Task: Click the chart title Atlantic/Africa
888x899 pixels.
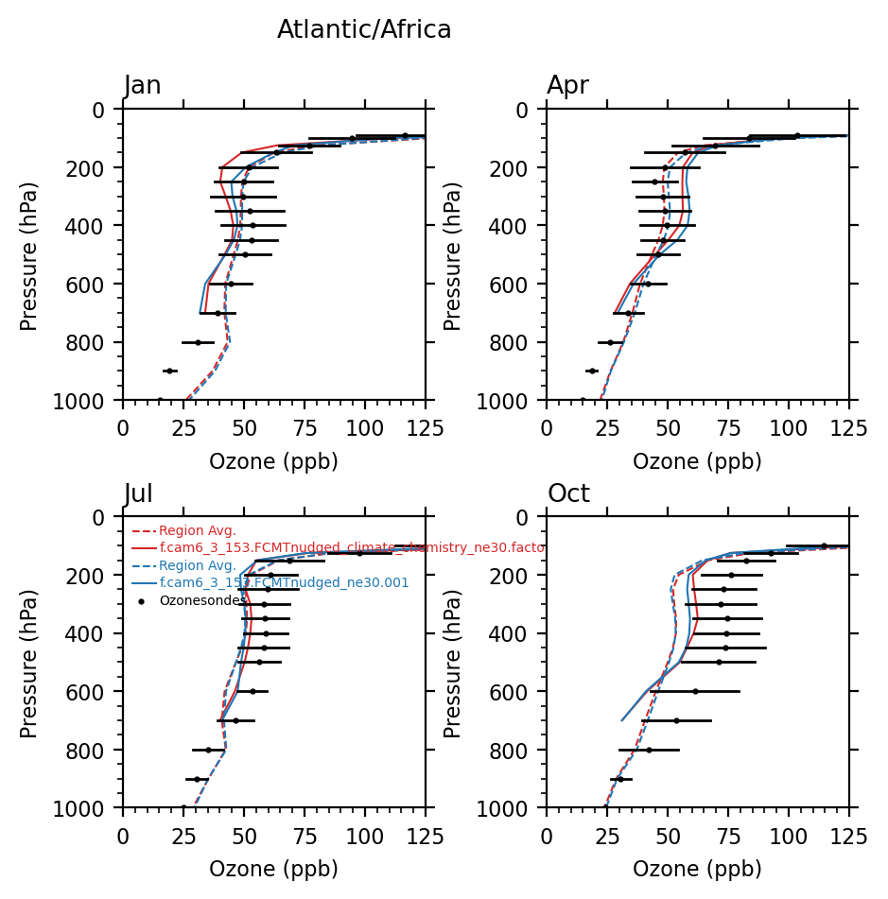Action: [x=364, y=30]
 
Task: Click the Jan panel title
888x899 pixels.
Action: [x=143, y=86]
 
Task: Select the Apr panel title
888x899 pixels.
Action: [x=567, y=86]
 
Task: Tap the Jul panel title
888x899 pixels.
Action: [x=139, y=494]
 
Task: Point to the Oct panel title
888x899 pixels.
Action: [x=568, y=494]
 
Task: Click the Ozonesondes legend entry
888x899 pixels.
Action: [x=202, y=600]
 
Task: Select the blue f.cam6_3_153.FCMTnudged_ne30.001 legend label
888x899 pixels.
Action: [x=284, y=583]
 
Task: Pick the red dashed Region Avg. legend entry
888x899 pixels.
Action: [x=197, y=531]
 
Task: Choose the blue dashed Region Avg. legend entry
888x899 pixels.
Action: [x=197, y=565]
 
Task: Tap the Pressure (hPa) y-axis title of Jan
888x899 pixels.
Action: [x=29, y=255]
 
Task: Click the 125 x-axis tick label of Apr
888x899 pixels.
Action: [x=848, y=428]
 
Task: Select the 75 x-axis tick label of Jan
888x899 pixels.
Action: [x=304, y=428]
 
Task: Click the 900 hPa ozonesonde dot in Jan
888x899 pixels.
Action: [x=169, y=371]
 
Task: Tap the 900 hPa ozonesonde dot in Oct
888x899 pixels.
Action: [x=620, y=779]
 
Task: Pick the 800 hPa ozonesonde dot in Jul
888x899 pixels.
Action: [x=208, y=750]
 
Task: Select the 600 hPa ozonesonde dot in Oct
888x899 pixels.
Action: [x=695, y=691]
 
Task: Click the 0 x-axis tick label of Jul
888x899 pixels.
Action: [x=123, y=837]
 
